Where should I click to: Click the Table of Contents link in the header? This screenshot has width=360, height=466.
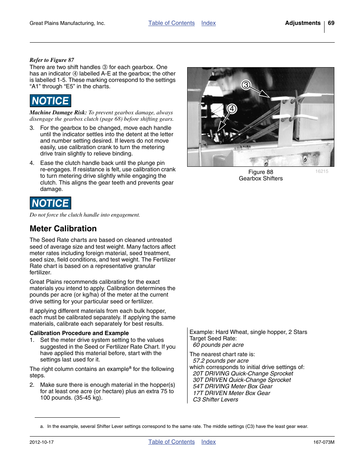(171, 23)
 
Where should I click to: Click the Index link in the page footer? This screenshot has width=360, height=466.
(208, 442)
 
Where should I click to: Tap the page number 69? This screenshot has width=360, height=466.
(331, 23)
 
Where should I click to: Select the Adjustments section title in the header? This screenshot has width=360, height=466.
(303, 23)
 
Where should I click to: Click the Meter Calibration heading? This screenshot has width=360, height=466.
(63, 229)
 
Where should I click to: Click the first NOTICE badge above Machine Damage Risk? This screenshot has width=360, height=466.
(50, 101)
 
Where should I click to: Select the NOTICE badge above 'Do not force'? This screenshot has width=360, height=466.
(50, 203)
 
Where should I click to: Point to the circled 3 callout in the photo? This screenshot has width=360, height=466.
(246, 85)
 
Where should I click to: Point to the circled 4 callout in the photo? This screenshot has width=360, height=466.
(232, 109)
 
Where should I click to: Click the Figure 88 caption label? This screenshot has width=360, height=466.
(260, 172)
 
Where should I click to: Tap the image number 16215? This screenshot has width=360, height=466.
(322, 171)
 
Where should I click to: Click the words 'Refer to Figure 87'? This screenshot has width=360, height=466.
(52, 60)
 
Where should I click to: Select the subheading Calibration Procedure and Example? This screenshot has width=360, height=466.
(79, 333)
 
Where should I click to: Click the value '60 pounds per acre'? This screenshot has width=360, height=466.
(218, 345)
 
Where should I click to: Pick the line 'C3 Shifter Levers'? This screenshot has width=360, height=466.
(215, 400)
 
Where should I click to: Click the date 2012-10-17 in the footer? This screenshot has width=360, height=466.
(42, 442)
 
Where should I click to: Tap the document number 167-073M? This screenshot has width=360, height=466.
(323, 442)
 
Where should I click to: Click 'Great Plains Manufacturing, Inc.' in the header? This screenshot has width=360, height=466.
(67, 23)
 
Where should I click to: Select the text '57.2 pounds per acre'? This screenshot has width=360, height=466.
(221, 361)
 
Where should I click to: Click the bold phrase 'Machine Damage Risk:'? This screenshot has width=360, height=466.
(58, 112)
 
